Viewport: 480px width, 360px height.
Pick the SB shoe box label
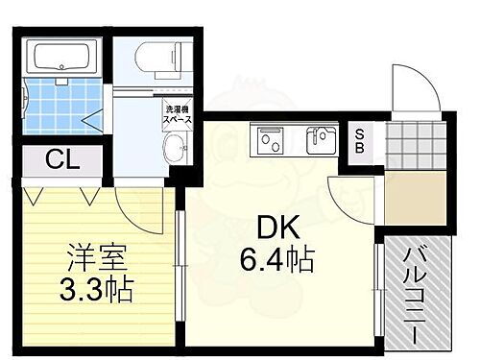359,140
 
